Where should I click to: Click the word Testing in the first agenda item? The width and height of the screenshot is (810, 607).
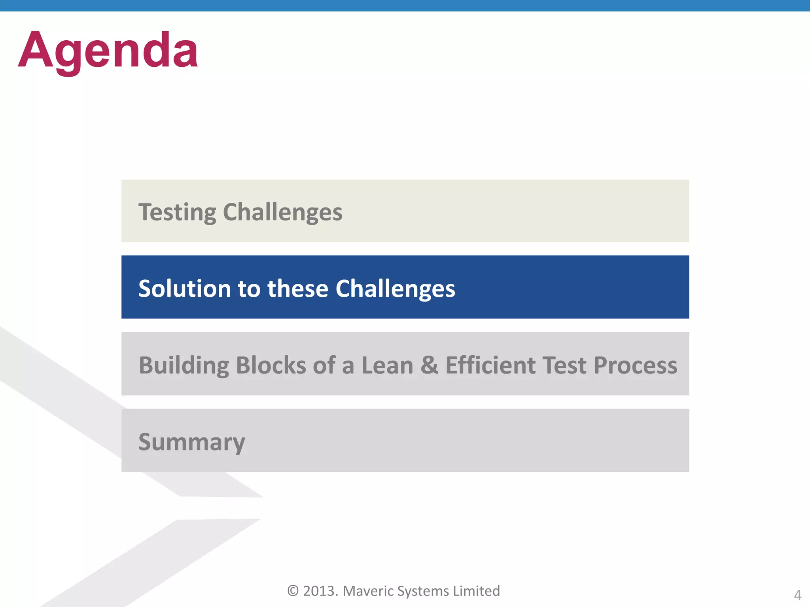177,213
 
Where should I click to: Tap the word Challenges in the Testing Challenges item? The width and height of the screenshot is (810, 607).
282,213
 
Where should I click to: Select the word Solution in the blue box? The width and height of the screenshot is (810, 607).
184,288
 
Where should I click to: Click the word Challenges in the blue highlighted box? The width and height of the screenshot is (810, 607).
395,288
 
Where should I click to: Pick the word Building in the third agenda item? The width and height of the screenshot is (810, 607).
184,365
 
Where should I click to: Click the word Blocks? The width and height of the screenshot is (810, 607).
271,365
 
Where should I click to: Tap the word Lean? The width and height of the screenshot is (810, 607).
387,365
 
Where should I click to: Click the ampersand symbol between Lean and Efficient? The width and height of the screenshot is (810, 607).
429,365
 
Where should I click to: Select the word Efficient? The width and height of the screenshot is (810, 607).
490,365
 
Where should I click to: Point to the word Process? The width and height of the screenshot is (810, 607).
635,365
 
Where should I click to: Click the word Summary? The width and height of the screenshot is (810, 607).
192,442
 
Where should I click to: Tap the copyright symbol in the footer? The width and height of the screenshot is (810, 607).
293,591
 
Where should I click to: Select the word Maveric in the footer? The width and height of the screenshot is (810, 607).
368,591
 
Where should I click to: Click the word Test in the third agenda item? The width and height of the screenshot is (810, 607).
564,365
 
